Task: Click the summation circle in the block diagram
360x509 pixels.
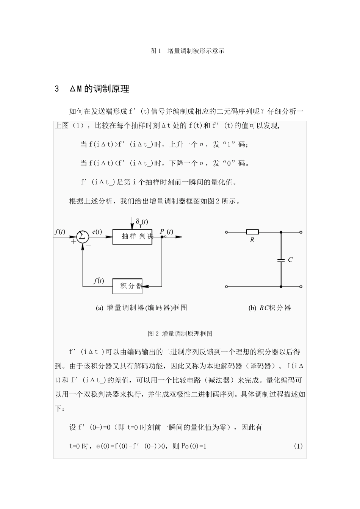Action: tap(82, 237)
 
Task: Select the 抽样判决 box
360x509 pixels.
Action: tap(132, 237)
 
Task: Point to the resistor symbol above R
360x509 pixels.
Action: tap(252, 232)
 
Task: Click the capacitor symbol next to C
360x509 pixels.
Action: tap(281, 260)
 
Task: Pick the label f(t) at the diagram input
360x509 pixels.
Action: tap(60, 232)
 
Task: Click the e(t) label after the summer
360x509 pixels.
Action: tap(97, 232)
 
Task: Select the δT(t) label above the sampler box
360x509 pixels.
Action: tap(142, 222)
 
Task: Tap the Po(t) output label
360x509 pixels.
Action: tap(166, 232)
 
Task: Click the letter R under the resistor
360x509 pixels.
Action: tap(252, 240)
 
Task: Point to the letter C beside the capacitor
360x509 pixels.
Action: tap(290, 260)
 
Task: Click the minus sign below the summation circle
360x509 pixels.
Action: tap(88, 245)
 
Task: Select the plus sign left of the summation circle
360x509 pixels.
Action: tap(73, 242)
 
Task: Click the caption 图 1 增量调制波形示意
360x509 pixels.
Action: tap(187, 51)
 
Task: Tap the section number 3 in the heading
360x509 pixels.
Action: tap(57, 89)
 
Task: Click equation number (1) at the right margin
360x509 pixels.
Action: tap(298, 446)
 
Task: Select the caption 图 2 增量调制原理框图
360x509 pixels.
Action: tap(180, 334)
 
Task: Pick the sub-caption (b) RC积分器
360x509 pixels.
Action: tap(269, 308)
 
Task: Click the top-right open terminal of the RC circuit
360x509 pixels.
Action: tap(301, 232)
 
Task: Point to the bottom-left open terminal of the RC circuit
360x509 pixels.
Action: tap(226, 287)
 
